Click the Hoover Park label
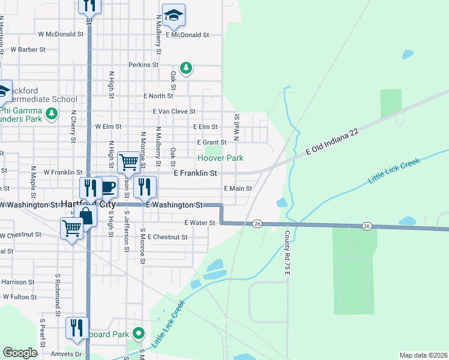coord(221,158)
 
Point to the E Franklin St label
coord(194,173)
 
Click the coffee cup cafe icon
coord(107,187)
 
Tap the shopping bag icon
coord(86,217)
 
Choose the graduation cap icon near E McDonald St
coord(173,16)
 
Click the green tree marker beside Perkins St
coord(187,67)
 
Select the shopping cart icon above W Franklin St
coord(128,161)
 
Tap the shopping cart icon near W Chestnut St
coord(71,227)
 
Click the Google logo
coord(20,353)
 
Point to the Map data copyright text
coord(423,355)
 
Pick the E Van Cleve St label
coord(174,111)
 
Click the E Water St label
coord(200,223)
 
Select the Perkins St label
coord(143,64)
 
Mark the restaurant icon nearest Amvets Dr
coord(77,328)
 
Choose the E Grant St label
coord(211,142)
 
